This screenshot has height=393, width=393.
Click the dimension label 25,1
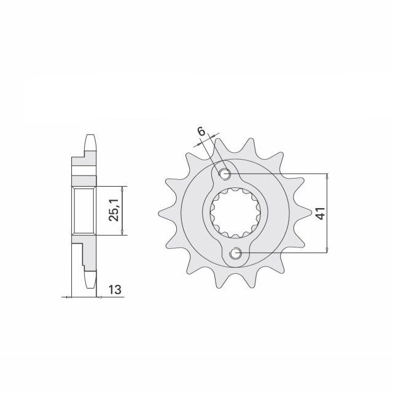[x=114, y=211]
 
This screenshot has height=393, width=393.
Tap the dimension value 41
[x=321, y=213]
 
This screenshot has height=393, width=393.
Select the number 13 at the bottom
[x=115, y=290]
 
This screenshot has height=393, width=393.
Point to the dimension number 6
[x=201, y=131]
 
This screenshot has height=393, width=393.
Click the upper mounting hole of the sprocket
[x=225, y=173]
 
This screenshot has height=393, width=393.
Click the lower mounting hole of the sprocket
[x=236, y=253]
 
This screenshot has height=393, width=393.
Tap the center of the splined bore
[x=235, y=213]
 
